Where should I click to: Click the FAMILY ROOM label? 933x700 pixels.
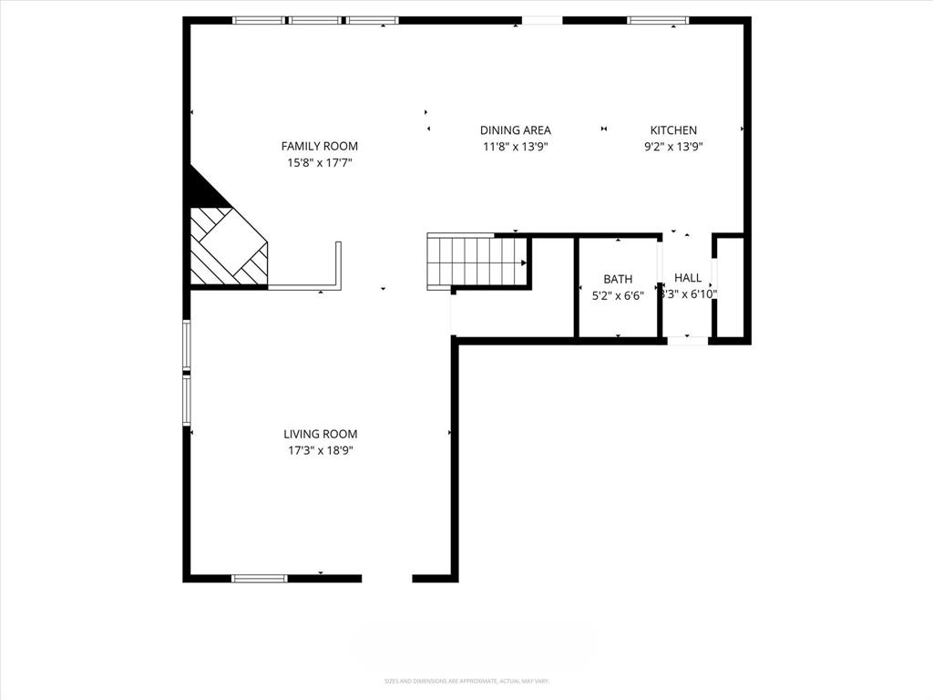pyautogui.click(x=319, y=146)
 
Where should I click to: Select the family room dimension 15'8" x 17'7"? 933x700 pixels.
pyautogui.click(x=319, y=163)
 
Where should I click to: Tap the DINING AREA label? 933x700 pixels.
pyautogui.click(x=515, y=130)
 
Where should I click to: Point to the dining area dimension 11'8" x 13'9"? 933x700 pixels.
pyautogui.click(x=515, y=147)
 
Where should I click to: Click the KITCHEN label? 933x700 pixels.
pyautogui.click(x=672, y=130)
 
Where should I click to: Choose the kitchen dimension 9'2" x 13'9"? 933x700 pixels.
pyautogui.click(x=673, y=147)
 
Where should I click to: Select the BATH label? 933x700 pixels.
pyautogui.click(x=618, y=279)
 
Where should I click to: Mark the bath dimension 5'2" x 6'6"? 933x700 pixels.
pyautogui.click(x=618, y=295)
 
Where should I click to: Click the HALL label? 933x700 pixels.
pyautogui.click(x=688, y=278)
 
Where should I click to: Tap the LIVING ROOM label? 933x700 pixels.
pyautogui.click(x=320, y=435)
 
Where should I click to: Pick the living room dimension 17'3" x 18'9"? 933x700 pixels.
pyautogui.click(x=320, y=450)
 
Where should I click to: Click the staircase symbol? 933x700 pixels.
pyautogui.click(x=477, y=261)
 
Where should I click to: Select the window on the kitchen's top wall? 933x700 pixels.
pyautogui.click(x=658, y=20)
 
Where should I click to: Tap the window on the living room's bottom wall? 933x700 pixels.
pyautogui.click(x=260, y=578)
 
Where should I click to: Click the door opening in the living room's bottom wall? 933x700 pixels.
pyautogui.click(x=387, y=578)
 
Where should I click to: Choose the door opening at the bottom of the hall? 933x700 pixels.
pyautogui.click(x=688, y=341)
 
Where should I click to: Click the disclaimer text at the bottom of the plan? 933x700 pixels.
pyautogui.click(x=466, y=681)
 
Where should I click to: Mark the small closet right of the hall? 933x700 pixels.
pyautogui.click(x=730, y=287)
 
